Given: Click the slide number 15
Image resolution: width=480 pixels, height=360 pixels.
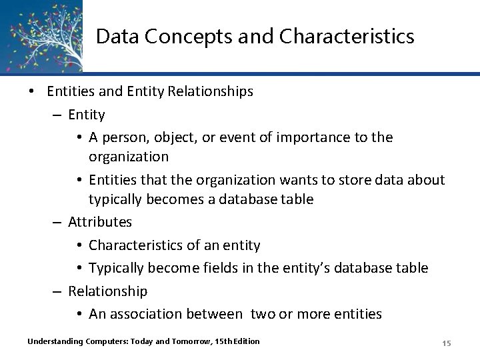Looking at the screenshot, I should (447, 343).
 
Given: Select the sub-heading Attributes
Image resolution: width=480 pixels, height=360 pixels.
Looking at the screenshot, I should (100, 221).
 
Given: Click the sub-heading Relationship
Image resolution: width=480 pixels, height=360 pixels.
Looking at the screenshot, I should (108, 291).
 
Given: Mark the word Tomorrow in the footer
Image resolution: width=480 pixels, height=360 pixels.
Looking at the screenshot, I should (171, 341).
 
